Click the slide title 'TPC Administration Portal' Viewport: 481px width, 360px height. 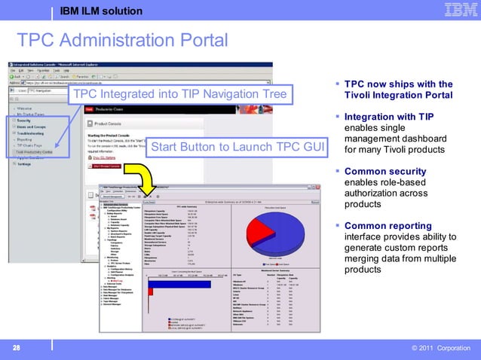coord(121,39)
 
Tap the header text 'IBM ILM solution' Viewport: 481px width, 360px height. coord(100,11)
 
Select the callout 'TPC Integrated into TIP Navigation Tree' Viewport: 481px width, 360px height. coord(179,94)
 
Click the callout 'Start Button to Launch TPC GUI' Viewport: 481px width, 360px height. coord(237,147)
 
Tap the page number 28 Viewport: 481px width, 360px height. coord(14,348)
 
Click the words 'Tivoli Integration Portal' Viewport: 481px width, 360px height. coord(398,96)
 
